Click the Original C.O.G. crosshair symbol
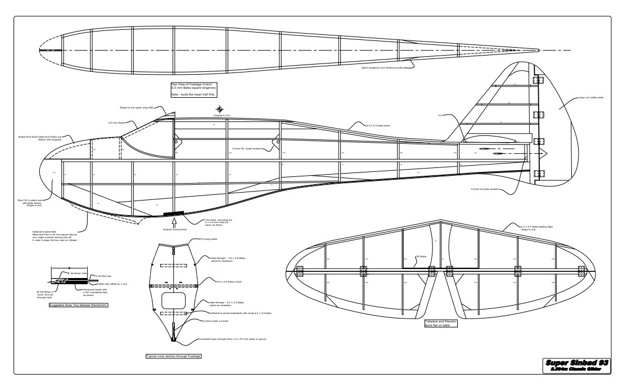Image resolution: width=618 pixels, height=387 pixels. click(219, 109)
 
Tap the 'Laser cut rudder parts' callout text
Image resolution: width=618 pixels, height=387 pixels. click(591, 98)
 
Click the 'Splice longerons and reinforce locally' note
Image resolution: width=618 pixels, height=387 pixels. click(382, 68)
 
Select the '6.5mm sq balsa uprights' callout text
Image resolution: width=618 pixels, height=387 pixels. click(485, 189)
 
